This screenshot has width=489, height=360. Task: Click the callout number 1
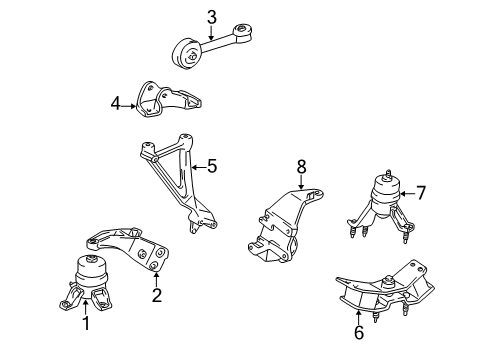click(x=84, y=322)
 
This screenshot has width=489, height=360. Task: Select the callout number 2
click(x=155, y=294)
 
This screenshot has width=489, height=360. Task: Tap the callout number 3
click(x=211, y=15)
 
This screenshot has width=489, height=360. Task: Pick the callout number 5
click(x=211, y=168)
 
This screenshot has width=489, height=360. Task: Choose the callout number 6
click(x=359, y=332)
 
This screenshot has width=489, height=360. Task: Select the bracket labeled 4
click(x=165, y=100)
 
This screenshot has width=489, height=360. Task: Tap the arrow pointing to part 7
click(x=403, y=193)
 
